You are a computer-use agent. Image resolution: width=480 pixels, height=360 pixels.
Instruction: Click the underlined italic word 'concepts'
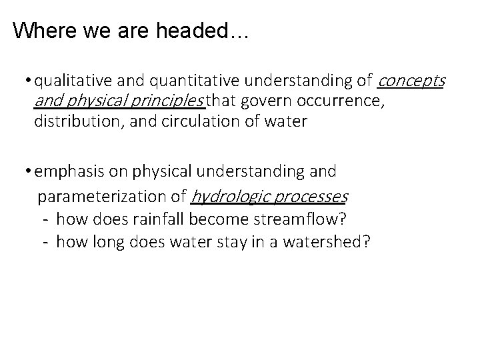411,82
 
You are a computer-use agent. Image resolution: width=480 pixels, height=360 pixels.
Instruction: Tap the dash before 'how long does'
44,240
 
